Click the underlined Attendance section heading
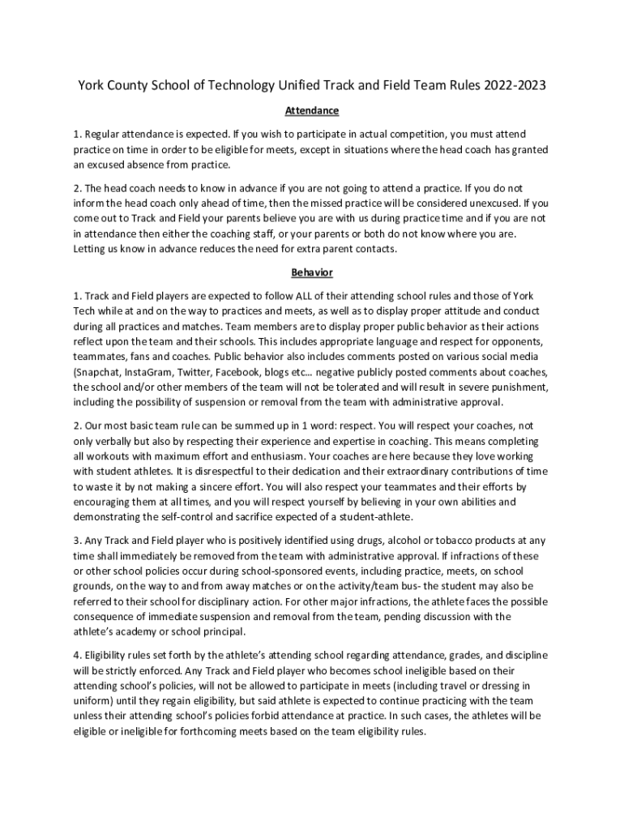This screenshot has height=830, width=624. (312, 110)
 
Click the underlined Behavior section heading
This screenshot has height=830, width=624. (312, 272)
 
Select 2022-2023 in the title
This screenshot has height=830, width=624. (508, 85)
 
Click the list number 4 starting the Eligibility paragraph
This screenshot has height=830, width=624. (76, 655)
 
